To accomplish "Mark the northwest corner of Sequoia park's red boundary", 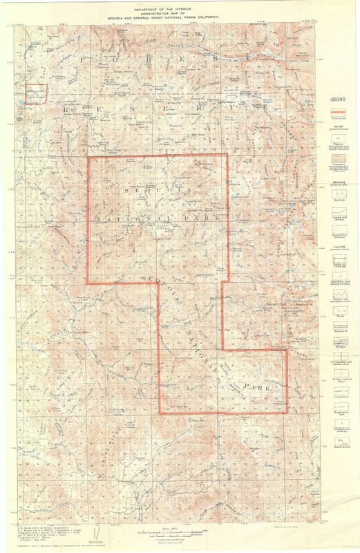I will pos(87,158).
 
